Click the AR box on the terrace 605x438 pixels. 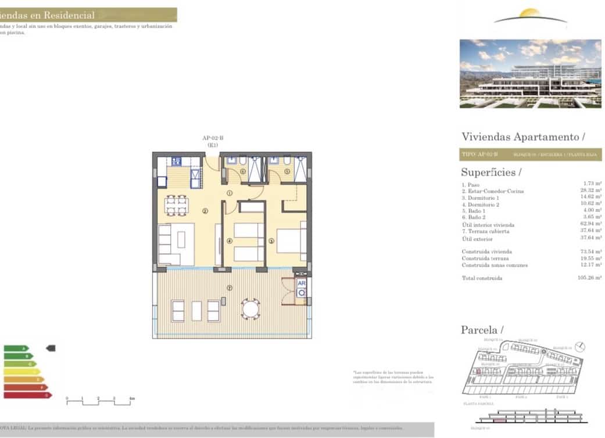302,284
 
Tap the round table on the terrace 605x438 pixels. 251,309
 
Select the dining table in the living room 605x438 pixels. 176,204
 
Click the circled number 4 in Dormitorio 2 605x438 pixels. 230,241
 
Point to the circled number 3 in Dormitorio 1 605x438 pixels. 271,241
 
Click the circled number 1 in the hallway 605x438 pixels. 230,193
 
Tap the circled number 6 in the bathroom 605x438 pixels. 243,171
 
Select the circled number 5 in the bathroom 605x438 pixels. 287,171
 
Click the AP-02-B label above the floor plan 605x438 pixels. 213,138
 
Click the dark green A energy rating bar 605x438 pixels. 16,349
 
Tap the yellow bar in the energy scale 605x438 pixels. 22,372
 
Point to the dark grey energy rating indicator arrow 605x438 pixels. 51,349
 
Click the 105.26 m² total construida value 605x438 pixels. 590,278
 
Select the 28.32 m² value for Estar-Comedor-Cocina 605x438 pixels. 590,191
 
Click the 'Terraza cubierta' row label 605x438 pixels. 485,231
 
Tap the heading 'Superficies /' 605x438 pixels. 491,173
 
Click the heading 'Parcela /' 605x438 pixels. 482,330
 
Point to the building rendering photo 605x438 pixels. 530,74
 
